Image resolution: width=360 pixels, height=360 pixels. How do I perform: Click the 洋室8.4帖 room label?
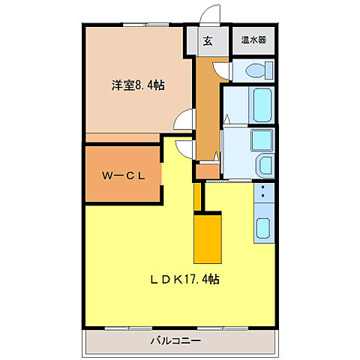point(139,86)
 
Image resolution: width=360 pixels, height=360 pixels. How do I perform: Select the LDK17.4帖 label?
point(184,279)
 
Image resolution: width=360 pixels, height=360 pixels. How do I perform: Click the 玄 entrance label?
point(207,41)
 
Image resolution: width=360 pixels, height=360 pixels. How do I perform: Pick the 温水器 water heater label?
point(253,40)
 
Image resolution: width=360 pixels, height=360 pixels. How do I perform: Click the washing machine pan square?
point(262,139)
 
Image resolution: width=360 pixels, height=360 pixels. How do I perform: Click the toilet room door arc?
point(221,70)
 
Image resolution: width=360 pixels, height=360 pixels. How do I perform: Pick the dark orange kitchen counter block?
point(208,237)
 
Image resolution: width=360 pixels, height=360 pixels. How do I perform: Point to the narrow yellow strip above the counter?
point(197,196)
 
